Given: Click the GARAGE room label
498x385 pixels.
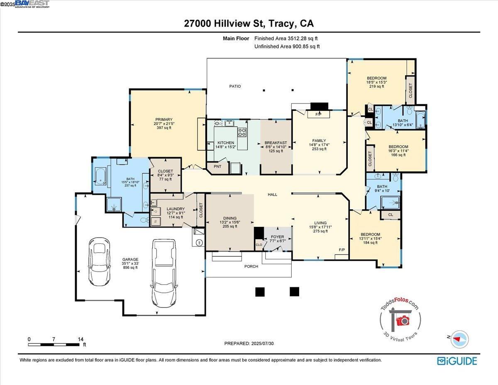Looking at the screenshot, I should pyautogui.click(x=130, y=259).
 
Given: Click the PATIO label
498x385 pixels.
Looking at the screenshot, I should pyautogui.click(x=235, y=86).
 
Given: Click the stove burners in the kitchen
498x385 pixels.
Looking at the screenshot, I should pyautogui.click(x=242, y=132).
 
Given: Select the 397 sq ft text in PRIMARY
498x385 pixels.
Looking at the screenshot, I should pyautogui.click(x=164, y=128).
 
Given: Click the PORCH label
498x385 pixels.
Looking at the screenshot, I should pyautogui.click(x=251, y=266).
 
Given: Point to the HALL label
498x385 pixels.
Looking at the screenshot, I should pyautogui.click(x=272, y=194).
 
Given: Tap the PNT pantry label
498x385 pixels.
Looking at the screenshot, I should pyautogui.click(x=217, y=167).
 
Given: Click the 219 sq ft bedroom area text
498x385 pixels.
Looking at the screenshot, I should pyautogui.click(x=376, y=86).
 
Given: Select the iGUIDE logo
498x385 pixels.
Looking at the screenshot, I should pyautogui.click(x=457, y=360).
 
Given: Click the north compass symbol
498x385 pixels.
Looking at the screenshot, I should pyautogui.click(x=459, y=338).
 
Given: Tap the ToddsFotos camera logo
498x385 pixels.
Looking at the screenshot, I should pyautogui.click(x=401, y=320).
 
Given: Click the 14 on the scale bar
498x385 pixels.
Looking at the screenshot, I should pyautogui.click(x=80, y=339).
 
